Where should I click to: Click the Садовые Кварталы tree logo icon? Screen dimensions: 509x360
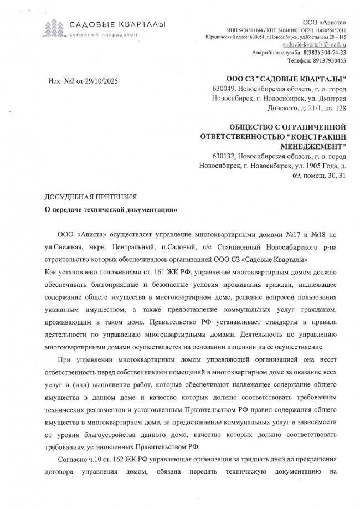click(x=54, y=27)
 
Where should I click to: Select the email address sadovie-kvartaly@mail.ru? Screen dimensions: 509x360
click(x=314, y=44)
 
